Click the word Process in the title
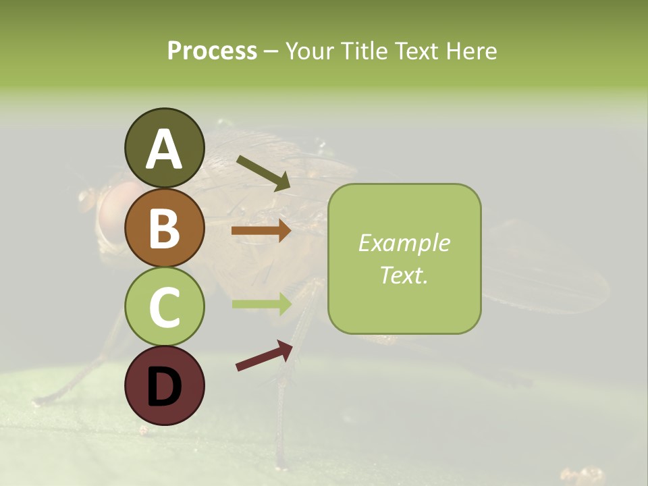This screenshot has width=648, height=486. tap(212, 51)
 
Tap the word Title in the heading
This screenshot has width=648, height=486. tap(363, 51)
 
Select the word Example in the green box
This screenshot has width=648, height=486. tap(404, 243)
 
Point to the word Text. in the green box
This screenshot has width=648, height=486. tap(404, 275)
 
